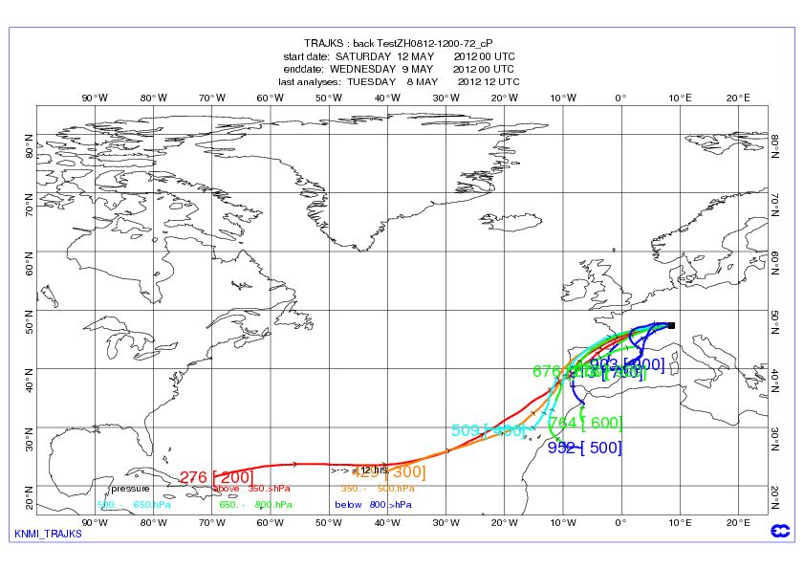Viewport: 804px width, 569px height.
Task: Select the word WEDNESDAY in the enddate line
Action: tap(363, 69)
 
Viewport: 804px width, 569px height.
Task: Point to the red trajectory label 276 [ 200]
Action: tap(217, 477)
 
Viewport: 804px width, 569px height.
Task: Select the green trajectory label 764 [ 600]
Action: tap(586, 423)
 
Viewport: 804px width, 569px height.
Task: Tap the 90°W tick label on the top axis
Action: tap(94, 98)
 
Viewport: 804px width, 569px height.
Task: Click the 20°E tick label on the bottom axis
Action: tap(738, 523)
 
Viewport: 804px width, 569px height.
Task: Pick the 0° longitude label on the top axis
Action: tap(620, 98)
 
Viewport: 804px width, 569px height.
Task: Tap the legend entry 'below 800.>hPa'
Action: tap(373, 504)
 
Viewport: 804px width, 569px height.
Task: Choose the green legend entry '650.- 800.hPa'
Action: tap(255, 504)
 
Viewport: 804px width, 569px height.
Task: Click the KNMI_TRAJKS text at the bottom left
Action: tap(48, 534)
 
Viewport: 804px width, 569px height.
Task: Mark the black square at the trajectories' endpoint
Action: tap(672, 325)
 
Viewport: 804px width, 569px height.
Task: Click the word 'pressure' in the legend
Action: tap(130, 489)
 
